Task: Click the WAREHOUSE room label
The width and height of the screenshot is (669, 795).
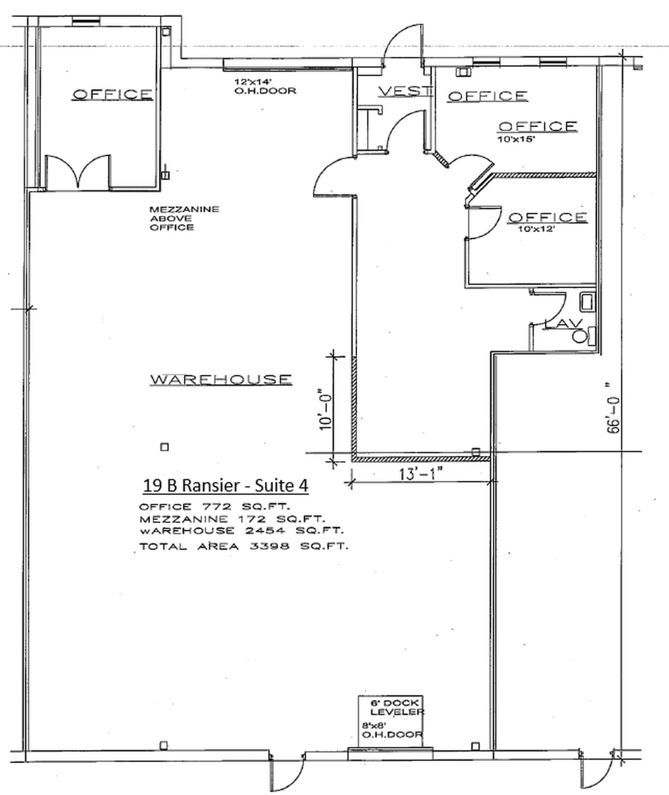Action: (x=221, y=379)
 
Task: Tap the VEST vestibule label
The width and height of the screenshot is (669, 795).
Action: (x=405, y=91)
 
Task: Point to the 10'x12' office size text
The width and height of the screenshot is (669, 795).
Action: (x=536, y=229)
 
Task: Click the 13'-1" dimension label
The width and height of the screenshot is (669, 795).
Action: (x=420, y=474)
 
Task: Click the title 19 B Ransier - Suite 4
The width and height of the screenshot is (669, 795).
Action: (x=225, y=485)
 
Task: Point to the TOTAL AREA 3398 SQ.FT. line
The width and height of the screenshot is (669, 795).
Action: (x=243, y=547)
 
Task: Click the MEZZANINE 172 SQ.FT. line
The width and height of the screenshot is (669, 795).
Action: (x=231, y=519)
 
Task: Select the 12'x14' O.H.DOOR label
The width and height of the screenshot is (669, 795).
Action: (x=265, y=86)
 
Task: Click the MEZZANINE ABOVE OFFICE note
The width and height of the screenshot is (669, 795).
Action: (x=184, y=218)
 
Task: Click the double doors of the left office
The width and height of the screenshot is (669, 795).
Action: (x=78, y=171)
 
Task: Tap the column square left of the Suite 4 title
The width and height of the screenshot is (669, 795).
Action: (x=164, y=447)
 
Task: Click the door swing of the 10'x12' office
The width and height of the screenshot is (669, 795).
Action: (x=484, y=223)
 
